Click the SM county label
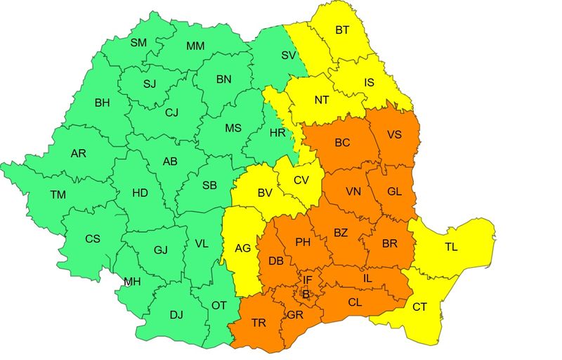click(x=138, y=43)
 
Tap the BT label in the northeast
click(x=342, y=30)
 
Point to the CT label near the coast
click(x=419, y=307)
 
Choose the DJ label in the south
click(x=176, y=314)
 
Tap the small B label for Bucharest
click(x=305, y=295)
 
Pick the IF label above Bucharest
click(x=307, y=280)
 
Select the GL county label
click(x=395, y=191)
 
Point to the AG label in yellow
click(x=243, y=248)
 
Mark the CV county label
click(x=301, y=180)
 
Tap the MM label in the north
click(x=196, y=46)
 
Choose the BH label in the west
click(x=103, y=103)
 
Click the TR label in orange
click(x=259, y=323)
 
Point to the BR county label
click(x=389, y=243)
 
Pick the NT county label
click(x=322, y=100)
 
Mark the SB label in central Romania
click(x=209, y=186)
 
